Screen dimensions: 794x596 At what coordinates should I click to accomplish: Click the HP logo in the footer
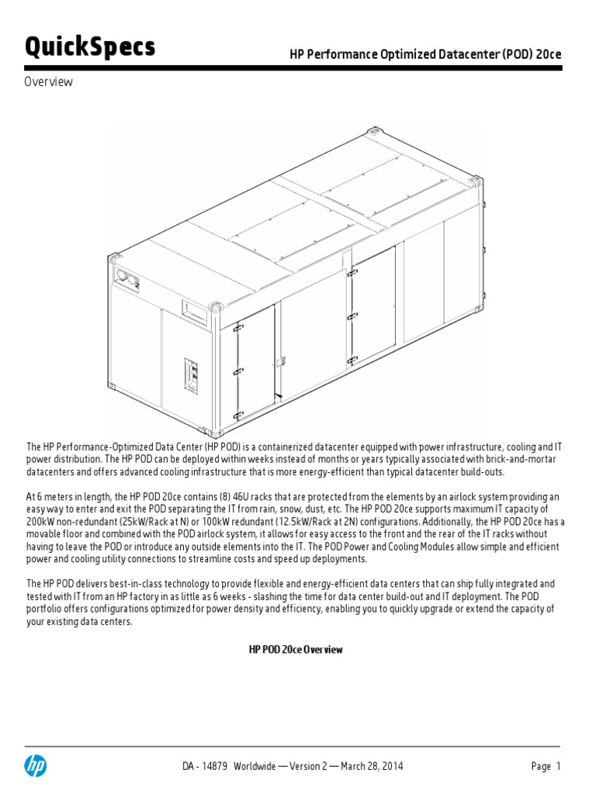click(x=36, y=766)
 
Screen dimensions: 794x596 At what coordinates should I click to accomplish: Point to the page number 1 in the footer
click(x=557, y=766)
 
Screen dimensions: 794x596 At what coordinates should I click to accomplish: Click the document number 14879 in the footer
click(x=213, y=766)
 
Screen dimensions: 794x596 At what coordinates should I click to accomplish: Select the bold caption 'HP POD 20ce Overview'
click(x=296, y=650)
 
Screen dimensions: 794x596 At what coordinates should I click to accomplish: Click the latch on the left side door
click(x=281, y=361)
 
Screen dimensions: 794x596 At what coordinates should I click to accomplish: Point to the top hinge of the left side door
click(x=236, y=326)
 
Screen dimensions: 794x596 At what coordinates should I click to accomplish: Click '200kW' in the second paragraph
click(x=42, y=520)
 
